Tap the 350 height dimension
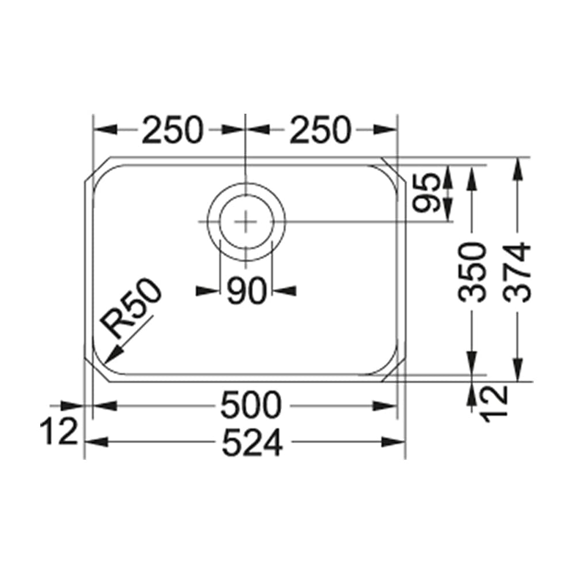pos(474,272)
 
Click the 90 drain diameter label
pos(246,291)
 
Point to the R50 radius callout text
pos(132,310)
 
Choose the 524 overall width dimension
pos(253,443)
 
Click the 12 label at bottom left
pos(59,432)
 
